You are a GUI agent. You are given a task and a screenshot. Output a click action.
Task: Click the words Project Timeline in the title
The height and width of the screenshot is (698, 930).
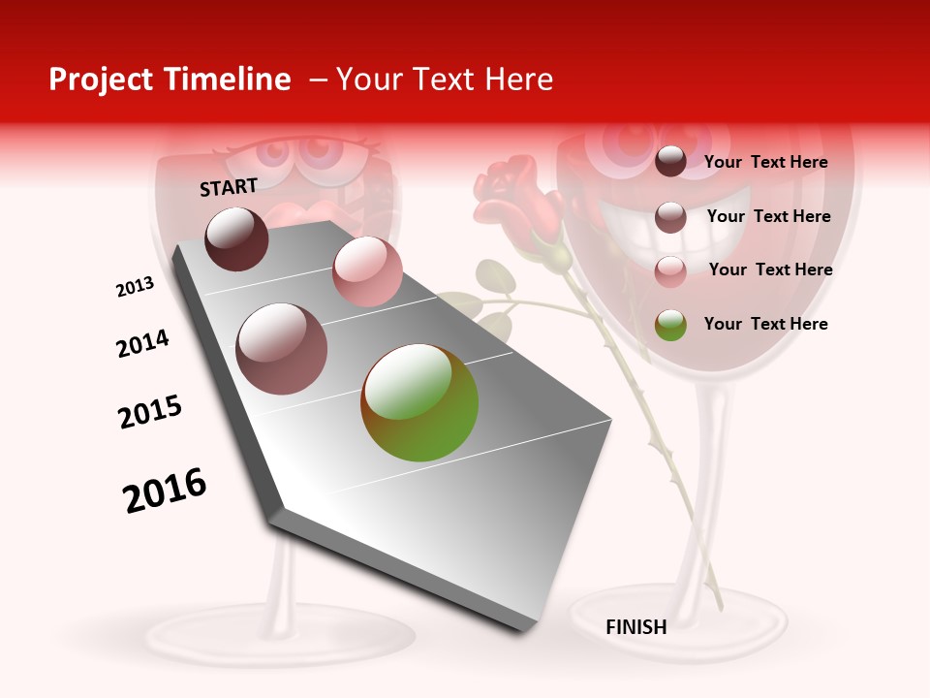pyautogui.click(x=170, y=79)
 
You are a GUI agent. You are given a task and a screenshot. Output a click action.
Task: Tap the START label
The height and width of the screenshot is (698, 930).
pyautogui.click(x=229, y=187)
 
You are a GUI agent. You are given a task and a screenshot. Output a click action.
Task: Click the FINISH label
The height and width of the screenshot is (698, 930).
pyautogui.click(x=635, y=627)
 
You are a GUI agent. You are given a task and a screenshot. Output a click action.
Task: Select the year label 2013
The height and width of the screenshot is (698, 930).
pyautogui.click(x=135, y=287)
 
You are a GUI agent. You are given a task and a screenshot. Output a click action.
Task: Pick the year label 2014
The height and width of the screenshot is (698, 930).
pyautogui.click(x=142, y=344)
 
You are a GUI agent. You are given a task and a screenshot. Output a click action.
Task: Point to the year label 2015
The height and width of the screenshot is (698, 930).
pyautogui.click(x=149, y=412)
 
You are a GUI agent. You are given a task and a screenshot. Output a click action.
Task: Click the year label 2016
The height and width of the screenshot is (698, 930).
pyautogui.click(x=165, y=491)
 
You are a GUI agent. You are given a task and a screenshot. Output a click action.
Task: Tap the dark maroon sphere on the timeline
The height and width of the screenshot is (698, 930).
pyautogui.click(x=236, y=238)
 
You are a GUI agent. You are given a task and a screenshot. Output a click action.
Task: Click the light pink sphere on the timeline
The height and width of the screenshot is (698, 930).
pyautogui.click(x=367, y=271)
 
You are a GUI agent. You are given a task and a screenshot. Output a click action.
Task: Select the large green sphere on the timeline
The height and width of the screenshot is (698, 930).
pyautogui.click(x=419, y=401)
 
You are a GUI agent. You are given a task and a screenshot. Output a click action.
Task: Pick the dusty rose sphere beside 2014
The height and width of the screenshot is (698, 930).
pyautogui.click(x=282, y=348)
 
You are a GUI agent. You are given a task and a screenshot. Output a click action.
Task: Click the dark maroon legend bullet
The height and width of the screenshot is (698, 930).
pyautogui.click(x=670, y=162)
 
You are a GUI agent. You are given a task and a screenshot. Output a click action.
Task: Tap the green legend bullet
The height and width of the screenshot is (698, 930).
pyautogui.click(x=670, y=325)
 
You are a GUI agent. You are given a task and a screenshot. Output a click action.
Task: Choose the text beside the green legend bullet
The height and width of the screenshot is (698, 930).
pyautogui.click(x=765, y=324)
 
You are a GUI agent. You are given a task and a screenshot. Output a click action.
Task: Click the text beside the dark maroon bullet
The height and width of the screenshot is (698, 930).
pyautogui.click(x=765, y=162)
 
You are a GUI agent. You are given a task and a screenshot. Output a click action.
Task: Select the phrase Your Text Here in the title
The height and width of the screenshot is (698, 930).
pyautogui.click(x=445, y=79)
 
